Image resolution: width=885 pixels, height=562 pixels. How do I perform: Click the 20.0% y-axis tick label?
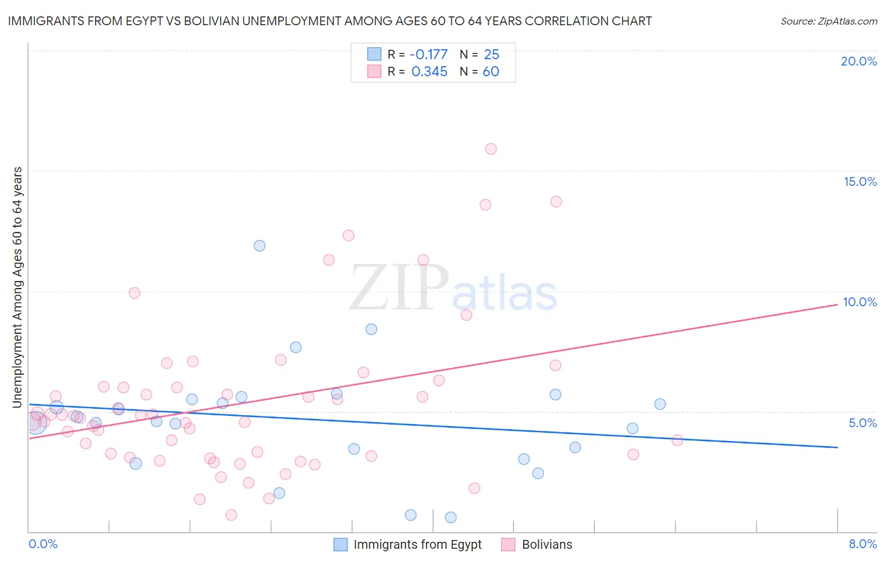tap(859, 61)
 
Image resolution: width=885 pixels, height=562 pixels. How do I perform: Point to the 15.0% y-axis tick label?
tap(860, 181)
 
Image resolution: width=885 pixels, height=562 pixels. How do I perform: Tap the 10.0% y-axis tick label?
tap(860, 302)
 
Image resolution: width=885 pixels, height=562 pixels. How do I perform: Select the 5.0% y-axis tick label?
tap(862, 423)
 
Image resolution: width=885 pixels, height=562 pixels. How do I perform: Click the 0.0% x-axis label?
tap(43, 544)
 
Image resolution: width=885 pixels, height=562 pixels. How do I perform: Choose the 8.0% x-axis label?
tap(862, 544)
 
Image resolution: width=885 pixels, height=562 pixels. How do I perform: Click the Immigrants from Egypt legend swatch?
tap(341, 544)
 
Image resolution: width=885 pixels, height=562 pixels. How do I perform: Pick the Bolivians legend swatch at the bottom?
tap(508, 544)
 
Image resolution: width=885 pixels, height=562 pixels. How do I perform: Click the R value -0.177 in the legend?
tap(429, 54)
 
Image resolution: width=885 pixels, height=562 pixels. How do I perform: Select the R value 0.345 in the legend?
tap(429, 72)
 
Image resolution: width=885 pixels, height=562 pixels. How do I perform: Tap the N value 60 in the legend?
tap(491, 72)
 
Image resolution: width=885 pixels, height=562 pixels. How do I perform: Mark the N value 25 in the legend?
tap(491, 54)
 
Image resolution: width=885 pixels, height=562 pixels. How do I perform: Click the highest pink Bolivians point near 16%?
tap(491, 149)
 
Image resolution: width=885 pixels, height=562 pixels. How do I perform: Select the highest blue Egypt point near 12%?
tap(259, 246)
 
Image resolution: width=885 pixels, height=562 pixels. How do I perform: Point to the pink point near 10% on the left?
tap(134, 293)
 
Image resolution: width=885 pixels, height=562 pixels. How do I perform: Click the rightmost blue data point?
tap(660, 404)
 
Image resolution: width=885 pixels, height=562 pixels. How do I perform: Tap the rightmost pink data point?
tap(677, 440)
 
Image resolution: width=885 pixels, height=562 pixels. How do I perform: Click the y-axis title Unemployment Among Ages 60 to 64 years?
tap(18, 287)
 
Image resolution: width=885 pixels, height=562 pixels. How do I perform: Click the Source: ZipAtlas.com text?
tap(828, 21)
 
